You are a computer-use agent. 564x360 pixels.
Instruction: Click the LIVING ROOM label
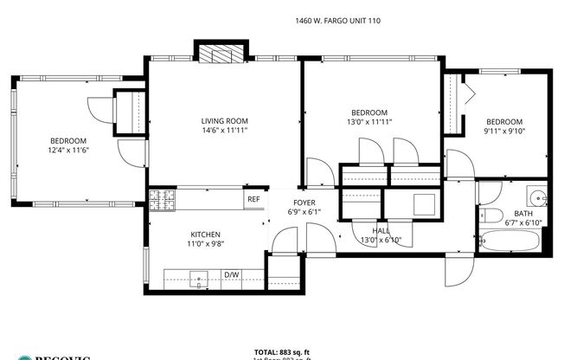[225, 121]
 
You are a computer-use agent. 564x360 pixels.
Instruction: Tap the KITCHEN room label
[206, 235]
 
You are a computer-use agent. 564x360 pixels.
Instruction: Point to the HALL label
[381, 231]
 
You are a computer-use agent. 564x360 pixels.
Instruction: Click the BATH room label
[522, 213]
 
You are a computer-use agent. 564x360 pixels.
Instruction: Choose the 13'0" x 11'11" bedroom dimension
[369, 123]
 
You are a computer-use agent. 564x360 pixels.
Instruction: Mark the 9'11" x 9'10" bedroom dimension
[503, 132]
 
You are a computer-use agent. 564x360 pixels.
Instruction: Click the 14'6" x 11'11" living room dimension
[225, 132]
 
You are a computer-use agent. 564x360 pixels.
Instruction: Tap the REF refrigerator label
[253, 199]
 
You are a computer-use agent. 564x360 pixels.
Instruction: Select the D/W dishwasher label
[231, 276]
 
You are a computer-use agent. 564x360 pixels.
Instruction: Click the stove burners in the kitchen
[162, 201]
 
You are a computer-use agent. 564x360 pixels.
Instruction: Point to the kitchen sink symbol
[200, 279]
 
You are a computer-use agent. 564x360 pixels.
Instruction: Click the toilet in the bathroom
[490, 215]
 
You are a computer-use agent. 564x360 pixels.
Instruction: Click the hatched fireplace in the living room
[223, 54]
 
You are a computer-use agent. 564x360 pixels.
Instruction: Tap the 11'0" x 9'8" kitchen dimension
[206, 245]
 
